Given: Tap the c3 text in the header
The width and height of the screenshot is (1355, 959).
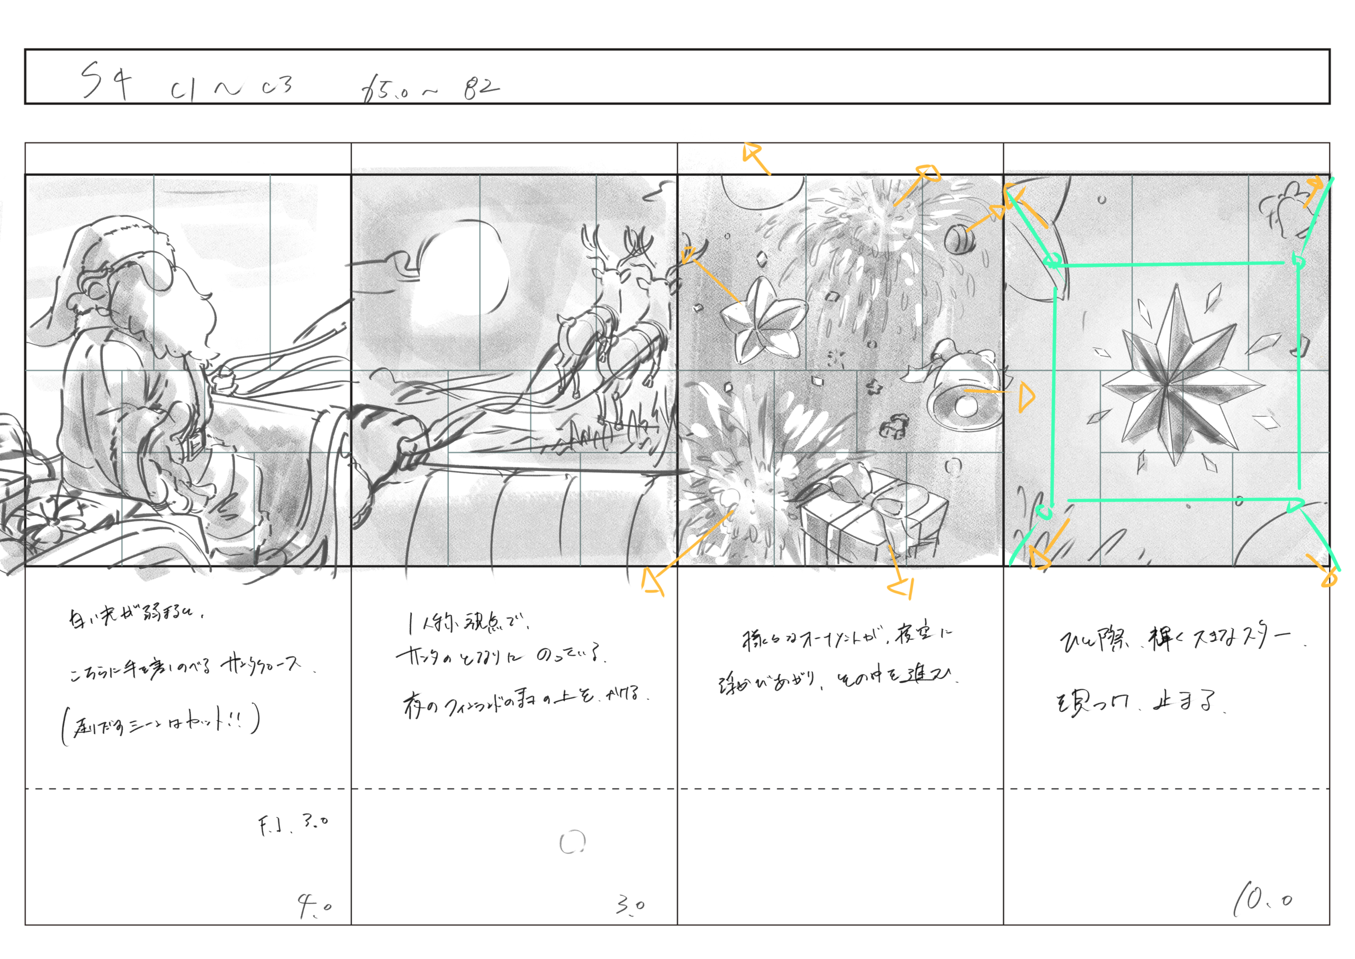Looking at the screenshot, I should click(277, 87).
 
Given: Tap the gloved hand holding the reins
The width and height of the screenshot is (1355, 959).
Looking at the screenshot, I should click(407, 449).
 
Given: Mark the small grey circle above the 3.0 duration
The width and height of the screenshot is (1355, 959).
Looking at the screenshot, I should click(572, 842).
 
